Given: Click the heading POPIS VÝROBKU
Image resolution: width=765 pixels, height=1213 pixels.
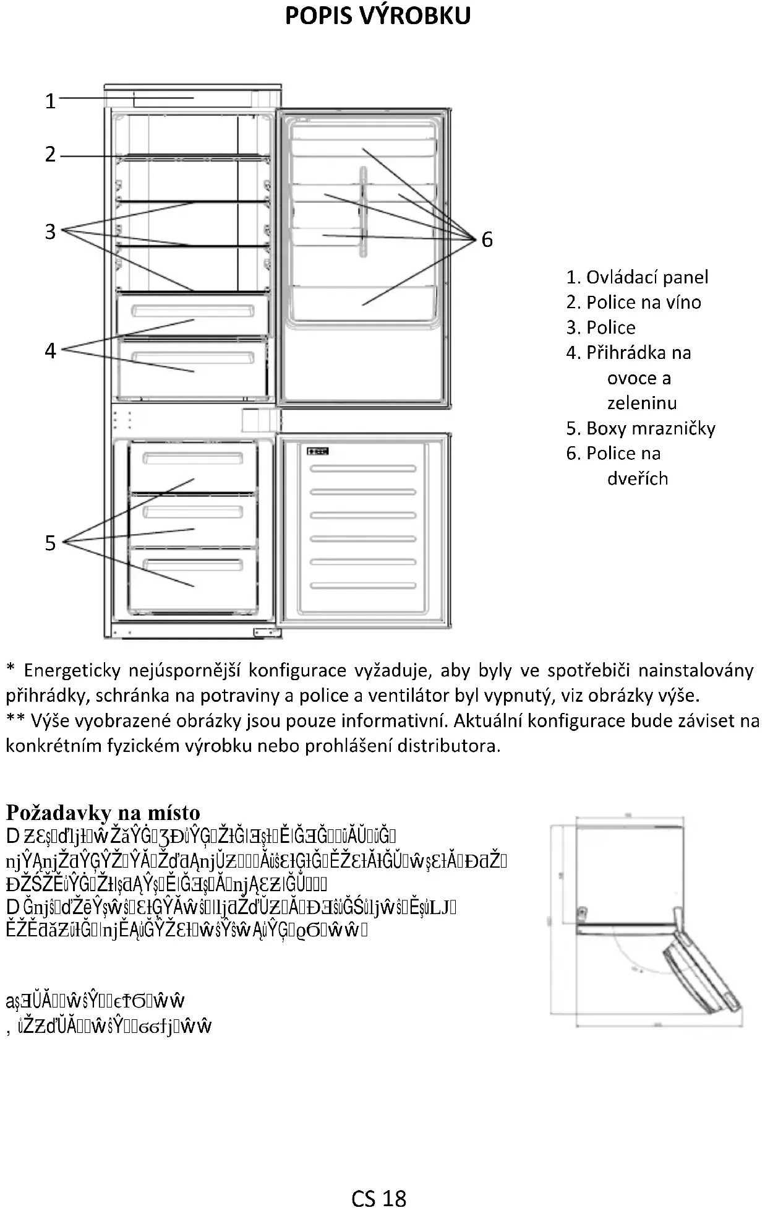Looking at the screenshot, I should (x=377, y=16).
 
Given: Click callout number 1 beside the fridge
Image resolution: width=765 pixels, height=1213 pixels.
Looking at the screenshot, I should (x=51, y=101).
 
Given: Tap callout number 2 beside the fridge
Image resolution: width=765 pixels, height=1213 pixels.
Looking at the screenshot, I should (x=51, y=154).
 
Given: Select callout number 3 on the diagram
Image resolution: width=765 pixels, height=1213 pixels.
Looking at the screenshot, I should (x=51, y=232).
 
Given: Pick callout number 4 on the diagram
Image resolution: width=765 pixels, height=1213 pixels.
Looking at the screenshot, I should (x=51, y=351).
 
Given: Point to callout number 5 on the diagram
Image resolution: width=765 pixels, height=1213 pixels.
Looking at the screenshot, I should (x=51, y=543).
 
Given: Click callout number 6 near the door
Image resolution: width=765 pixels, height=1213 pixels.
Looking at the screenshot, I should (x=487, y=240).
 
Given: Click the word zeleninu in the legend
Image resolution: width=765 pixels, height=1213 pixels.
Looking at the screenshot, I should (x=641, y=404).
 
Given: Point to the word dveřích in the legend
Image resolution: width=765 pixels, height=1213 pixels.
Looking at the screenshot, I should (x=637, y=478).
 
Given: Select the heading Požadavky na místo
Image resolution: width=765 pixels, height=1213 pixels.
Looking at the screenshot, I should (x=103, y=812).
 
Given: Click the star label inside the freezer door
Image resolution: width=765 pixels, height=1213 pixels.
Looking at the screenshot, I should (x=317, y=451).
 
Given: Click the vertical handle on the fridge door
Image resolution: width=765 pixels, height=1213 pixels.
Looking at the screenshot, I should (x=362, y=212).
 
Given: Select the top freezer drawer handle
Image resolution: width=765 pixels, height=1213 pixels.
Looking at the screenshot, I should (x=192, y=458).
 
